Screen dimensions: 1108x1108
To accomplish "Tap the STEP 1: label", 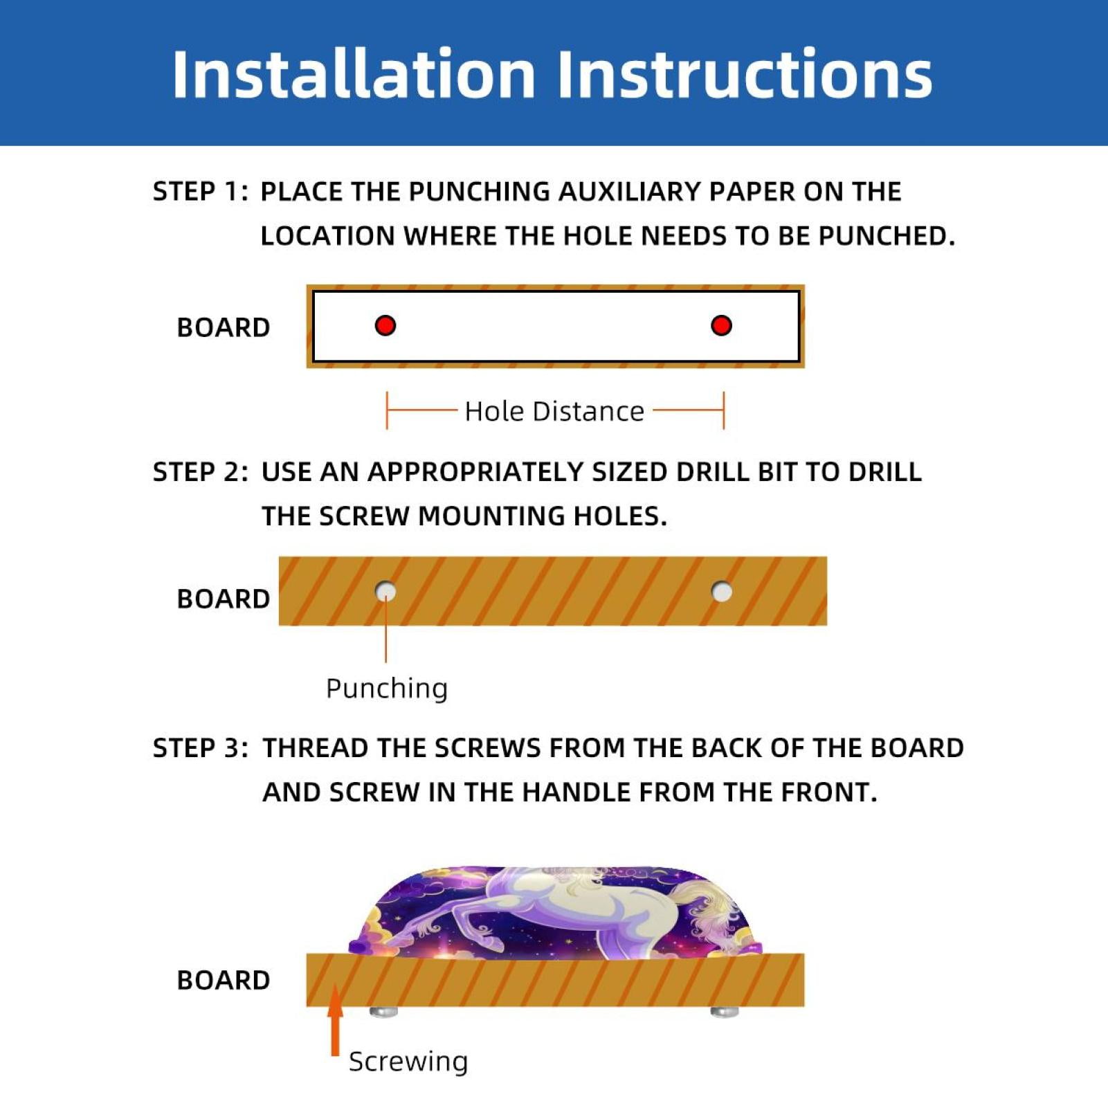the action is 200,192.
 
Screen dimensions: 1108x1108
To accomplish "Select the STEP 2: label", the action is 200,472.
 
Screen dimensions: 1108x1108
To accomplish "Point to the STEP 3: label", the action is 200,748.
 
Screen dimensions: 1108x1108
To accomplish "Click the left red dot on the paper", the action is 385,325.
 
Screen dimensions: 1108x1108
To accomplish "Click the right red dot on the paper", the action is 721,325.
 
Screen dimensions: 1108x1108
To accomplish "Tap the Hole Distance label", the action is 554,411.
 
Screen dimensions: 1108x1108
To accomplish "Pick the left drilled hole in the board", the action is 385,592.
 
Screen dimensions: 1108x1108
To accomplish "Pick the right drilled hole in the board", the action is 722,592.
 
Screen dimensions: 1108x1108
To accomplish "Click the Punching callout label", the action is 387,689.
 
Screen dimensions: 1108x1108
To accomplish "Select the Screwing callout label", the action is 408,1061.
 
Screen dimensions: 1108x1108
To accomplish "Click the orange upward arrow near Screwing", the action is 336,1020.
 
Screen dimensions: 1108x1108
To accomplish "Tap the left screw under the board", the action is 384,1012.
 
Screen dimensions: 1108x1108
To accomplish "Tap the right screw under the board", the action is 725,1012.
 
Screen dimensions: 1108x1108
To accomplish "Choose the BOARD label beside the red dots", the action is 224,327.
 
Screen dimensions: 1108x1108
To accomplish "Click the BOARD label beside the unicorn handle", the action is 224,980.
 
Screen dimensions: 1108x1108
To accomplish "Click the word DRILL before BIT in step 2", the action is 713,472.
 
